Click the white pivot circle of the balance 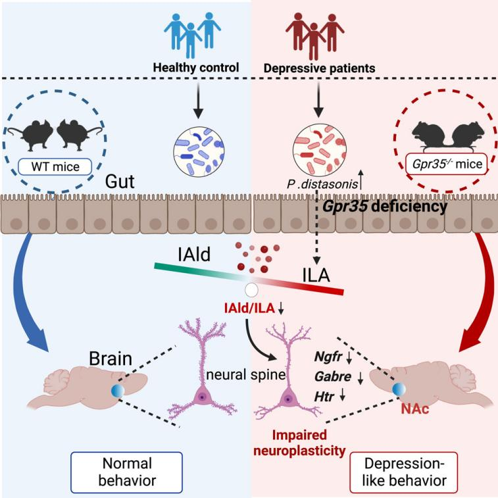click(251, 289)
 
